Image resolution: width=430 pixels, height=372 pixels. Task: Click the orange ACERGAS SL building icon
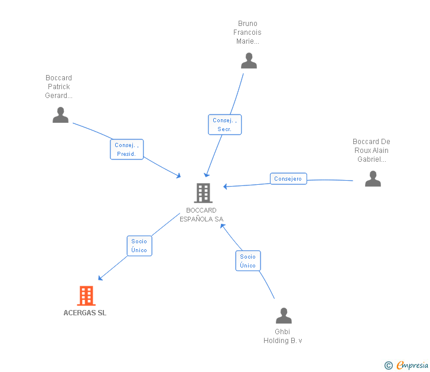[x=86, y=296]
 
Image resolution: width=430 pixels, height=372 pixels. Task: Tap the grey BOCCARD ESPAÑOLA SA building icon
[x=203, y=192]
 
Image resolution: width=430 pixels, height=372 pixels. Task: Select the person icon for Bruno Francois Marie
[x=249, y=60]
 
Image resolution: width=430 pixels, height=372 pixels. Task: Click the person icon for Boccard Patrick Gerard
[x=60, y=115]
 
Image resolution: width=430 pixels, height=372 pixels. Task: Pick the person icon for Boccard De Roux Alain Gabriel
[x=373, y=178]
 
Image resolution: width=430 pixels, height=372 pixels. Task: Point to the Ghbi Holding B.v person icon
[x=284, y=316]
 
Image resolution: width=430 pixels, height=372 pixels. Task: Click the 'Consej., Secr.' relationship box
[x=224, y=125]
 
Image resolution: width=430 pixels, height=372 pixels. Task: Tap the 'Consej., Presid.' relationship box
[x=126, y=149]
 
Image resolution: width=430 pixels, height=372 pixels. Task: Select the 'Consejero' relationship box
[x=288, y=178]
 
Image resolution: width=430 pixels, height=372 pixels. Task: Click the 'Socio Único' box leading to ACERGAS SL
[x=139, y=246]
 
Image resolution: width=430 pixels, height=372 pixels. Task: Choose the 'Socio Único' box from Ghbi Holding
[x=247, y=261]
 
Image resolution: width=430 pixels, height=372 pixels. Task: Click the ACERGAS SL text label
[x=85, y=313]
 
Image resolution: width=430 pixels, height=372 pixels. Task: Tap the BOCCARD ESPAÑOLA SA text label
[x=201, y=215]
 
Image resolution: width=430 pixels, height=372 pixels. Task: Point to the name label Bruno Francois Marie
[x=247, y=32]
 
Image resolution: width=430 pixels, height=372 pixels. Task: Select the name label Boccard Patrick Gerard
[x=59, y=87]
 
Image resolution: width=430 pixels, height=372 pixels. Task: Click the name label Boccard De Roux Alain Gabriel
[x=372, y=151]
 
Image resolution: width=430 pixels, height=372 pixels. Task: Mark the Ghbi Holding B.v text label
[x=283, y=336]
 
